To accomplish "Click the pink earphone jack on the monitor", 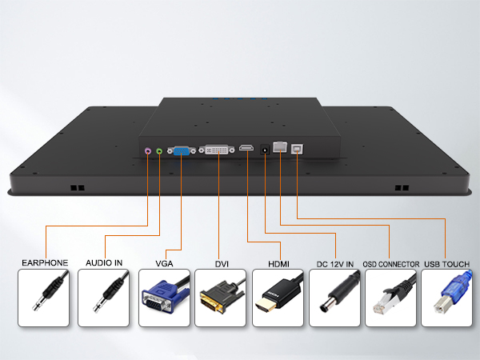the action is pyautogui.click(x=148, y=150).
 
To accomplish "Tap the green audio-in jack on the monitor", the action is pyautogui.click(x=159, y=151).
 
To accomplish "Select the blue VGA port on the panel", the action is pyautogui.click(x=182, y=150).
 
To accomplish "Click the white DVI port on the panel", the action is pyautogui.click(x=217, y=150).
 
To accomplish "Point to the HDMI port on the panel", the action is pyautogui.click(x=246, y=149).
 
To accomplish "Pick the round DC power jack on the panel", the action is pyautogui.click(x=265, y=150).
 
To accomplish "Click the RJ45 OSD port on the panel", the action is pyautogui.click(x=280, y=146).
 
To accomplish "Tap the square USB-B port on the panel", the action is pyautogui.click(x=297, y=149).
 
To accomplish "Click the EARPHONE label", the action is pyautogui.click(x=45, y=262).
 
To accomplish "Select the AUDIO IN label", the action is pyautogui.click(x=104, y=262).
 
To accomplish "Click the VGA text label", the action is pyautogui.click(x=164, y=263).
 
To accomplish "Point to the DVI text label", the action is pyautogui.click(x=222, y=264).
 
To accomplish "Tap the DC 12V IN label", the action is pyautogui.click(x=335, y=264).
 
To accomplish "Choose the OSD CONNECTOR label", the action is pyautogui.click(x=391, y=264).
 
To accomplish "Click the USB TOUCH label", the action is pyautogui.click(x=447, y=264).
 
